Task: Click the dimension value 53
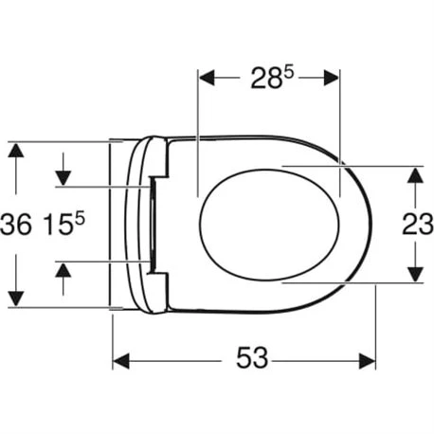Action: pos(251,360)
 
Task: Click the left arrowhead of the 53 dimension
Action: pos(121,360)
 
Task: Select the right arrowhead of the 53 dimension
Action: pos(369,360)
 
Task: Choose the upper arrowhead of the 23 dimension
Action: pos(413,174)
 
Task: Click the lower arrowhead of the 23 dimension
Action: pos(413,274)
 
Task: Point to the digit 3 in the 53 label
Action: pos(262,360)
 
